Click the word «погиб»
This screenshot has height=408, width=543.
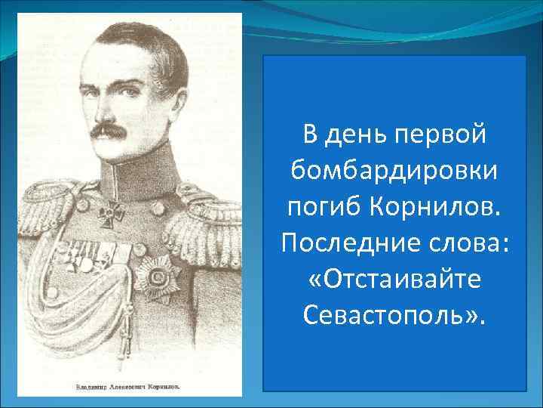[x=324, y=206]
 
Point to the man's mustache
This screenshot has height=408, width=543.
[x=114, y=131]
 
